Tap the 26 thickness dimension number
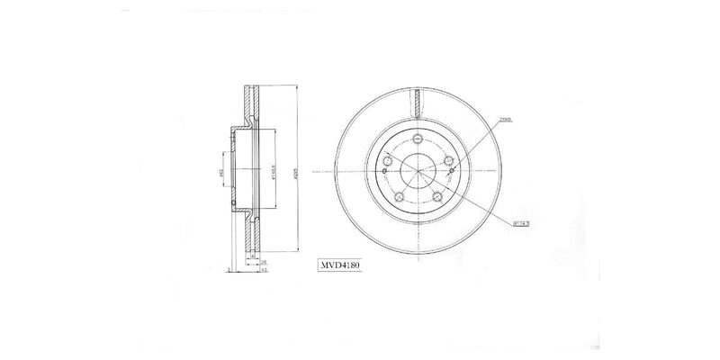261,260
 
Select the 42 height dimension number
261,270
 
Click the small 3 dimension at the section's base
229,268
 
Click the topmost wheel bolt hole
418,137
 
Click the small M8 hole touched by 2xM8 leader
452,171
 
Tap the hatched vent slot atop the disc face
418,102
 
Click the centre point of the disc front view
418,171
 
